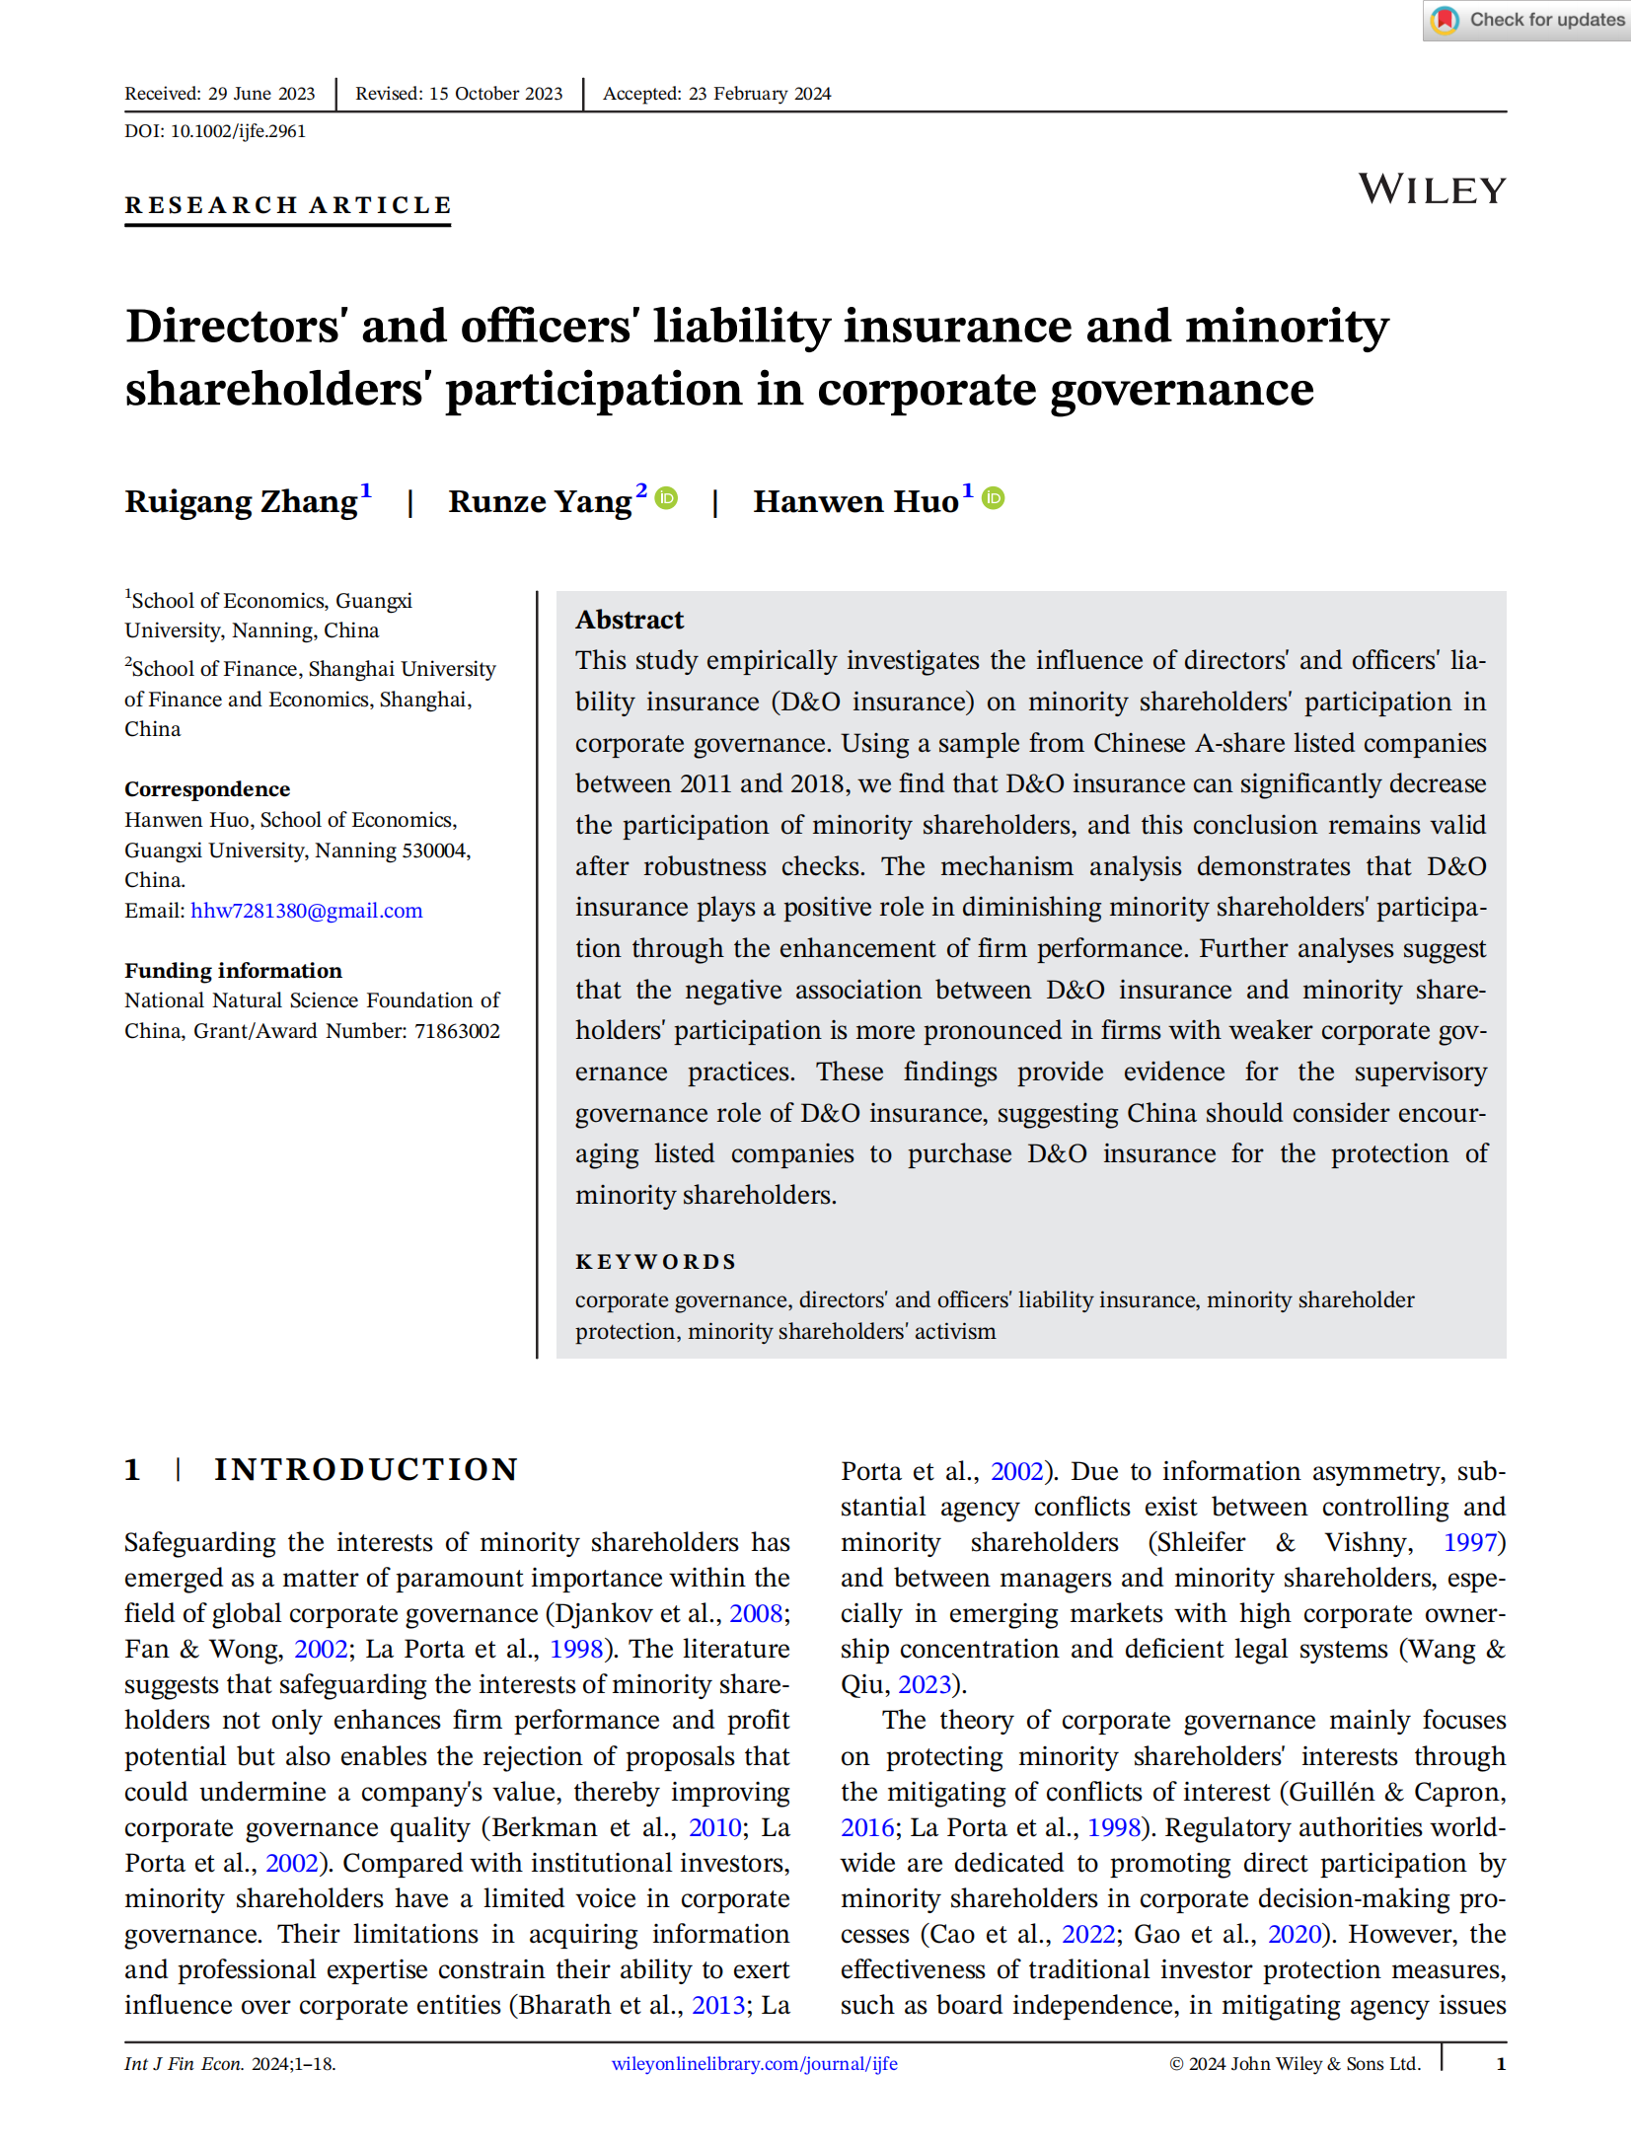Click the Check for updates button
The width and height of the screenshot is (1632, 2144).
(1527, 20)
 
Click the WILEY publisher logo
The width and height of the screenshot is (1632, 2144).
(1432, 189)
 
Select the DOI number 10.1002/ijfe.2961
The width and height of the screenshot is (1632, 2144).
(238, 131)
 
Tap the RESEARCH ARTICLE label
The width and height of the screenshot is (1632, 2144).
(288, 205)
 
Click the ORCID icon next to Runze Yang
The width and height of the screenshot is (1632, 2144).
(668, 498)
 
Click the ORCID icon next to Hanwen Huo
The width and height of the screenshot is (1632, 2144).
(994, 498)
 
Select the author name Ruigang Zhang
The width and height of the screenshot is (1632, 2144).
(241, 501)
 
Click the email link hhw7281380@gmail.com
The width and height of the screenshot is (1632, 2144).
(307, 911)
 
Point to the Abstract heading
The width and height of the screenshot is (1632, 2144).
(630, 620)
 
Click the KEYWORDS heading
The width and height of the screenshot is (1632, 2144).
(656, 1262)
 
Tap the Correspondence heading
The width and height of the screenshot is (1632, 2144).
(207, 789)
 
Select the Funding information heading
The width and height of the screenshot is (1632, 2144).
(233, 971)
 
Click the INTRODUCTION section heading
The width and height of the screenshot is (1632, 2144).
(366, 1470)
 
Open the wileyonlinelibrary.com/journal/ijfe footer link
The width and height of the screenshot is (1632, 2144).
(755, 2064)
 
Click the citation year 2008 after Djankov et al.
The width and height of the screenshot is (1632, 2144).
(756, 1613)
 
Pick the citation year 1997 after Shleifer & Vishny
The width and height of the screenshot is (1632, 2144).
(1470, 1542)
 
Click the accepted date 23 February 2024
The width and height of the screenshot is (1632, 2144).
(760, 94)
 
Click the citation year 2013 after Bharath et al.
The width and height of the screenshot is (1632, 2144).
(718, 2005)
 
